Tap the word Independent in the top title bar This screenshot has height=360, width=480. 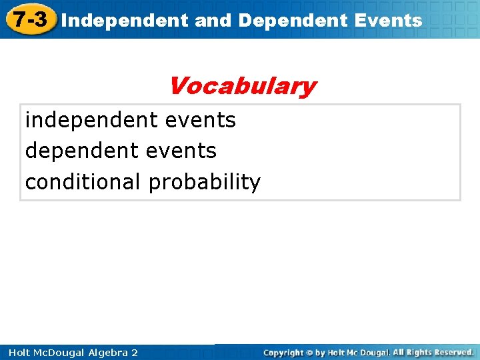click(124, 20)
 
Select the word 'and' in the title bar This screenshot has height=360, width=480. click(213, 20)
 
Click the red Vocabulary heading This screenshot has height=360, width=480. click(241, 86)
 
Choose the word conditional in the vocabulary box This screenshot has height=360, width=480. click(83, 181)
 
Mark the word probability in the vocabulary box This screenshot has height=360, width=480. click(205, 181)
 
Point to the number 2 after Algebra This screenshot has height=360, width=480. click(135, 352)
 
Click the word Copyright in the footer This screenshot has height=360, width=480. click(283, 352)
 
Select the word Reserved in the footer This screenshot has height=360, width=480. click(451, 351)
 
